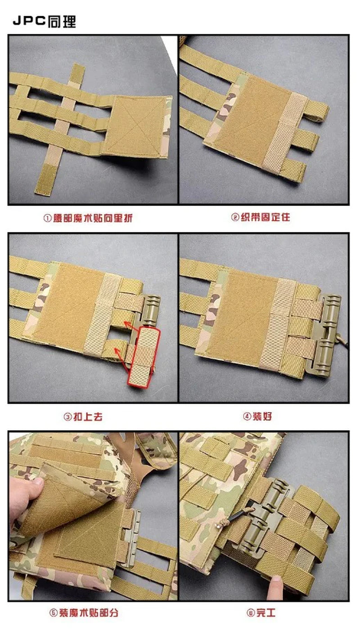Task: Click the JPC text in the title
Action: pos(29,21)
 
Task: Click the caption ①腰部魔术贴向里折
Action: pos(88,218)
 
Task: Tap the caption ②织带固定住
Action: pos(261,217)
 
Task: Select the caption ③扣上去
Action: pos(83,417)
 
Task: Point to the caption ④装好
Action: pos(257,417)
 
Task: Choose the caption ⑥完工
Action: pos(261,613)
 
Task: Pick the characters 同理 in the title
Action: pos(62,21)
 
